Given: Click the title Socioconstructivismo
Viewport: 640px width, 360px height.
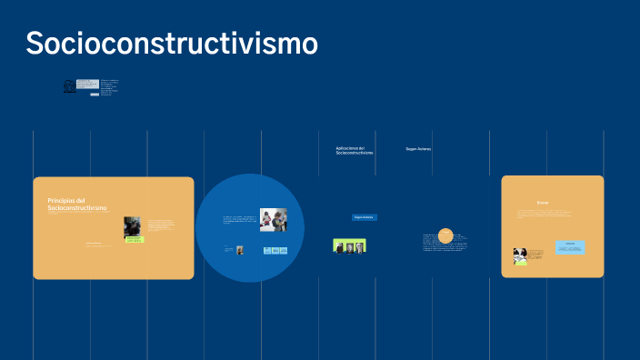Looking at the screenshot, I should coord(172,43).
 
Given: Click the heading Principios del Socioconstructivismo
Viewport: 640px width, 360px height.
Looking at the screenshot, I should coord(77,205).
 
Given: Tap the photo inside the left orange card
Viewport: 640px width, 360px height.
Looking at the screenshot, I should coord(132,226).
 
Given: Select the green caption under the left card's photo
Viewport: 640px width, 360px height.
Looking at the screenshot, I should coord(135,240).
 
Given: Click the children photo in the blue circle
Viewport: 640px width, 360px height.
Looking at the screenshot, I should coord(273,220).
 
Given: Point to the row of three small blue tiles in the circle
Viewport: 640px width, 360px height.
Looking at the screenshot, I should coord(275,250).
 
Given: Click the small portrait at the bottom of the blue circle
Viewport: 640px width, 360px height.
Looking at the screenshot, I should coord(240,250).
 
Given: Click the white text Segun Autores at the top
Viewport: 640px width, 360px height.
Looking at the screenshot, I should coord(418,149).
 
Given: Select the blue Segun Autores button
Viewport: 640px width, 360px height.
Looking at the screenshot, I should coord(364,217).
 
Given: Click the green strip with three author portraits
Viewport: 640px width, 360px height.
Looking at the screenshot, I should coord(349,245).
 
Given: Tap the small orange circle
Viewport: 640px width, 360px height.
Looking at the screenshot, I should coord(445,235).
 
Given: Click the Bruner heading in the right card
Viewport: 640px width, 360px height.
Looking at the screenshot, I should coord(543,202).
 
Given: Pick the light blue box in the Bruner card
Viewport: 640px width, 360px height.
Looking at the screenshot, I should coord(570,246).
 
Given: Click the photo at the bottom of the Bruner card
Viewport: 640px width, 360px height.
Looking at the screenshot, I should coord(521,256).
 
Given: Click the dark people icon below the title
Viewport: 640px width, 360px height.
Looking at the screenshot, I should coord(69,86).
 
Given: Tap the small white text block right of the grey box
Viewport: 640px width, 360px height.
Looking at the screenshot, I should coord(109,87).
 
